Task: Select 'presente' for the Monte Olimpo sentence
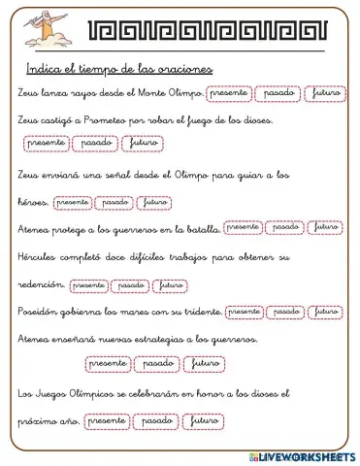click(x=228, y=93)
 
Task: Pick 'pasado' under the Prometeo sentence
click(x=96, y=144)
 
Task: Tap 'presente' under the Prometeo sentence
click(x=48, y=144)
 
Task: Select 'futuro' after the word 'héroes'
click(x=154, y=202)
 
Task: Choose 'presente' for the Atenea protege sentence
click(x=244, y=229)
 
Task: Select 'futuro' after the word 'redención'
click(x=170, y=285)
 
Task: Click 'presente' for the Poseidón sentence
click(x=245, y=312)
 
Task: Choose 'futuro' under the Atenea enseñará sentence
click(x=206, y=363)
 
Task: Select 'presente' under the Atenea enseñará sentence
click(x=107, y=363)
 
